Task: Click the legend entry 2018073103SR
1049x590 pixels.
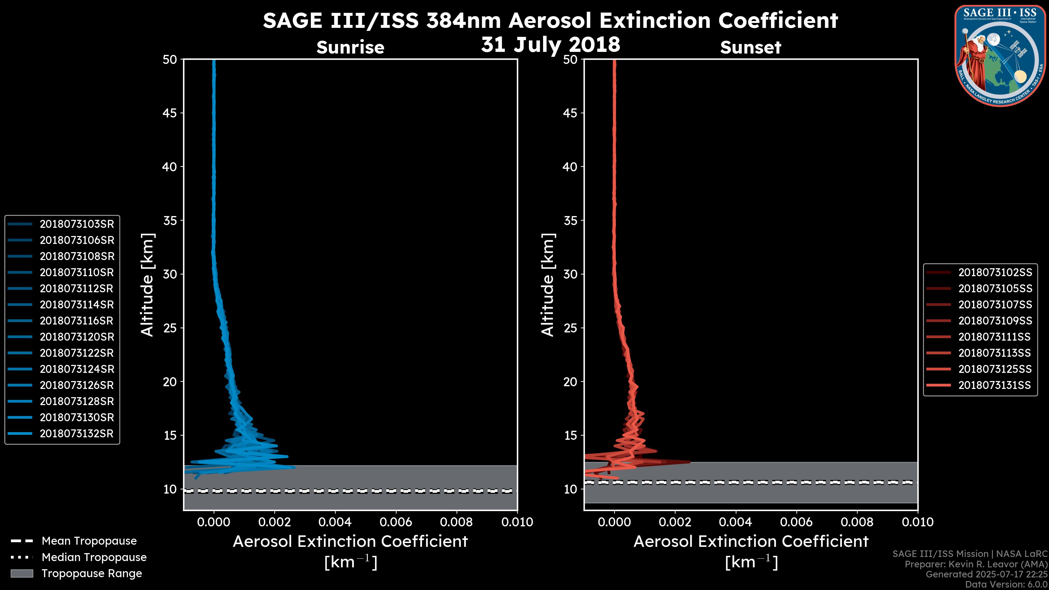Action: point(76,224)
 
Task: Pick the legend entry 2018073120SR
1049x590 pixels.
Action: point(76,337)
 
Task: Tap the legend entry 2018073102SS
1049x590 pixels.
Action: point(995,272)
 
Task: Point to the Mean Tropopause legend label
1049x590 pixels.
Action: point(89,541)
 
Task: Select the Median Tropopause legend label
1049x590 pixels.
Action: point(94,557)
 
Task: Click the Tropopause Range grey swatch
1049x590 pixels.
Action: point(22,573)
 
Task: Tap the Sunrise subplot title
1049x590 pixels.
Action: point(350,47)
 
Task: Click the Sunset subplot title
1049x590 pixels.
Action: point(750,47)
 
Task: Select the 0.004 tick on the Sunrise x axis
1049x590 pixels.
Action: point(335,522)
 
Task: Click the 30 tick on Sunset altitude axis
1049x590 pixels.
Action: point(570,274)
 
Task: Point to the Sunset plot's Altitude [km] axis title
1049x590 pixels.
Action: point(548,285)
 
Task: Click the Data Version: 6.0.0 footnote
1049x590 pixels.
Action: point(1006,584)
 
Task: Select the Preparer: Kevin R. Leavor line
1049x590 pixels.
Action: point(976,564)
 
